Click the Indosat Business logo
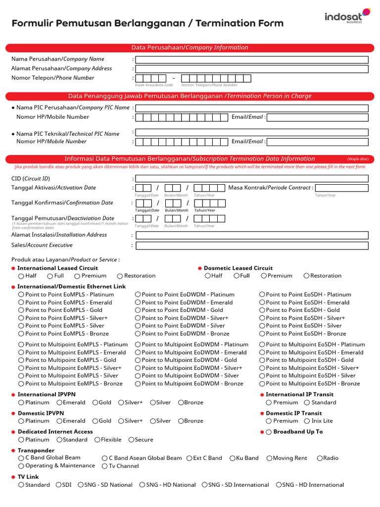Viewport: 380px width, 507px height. click(x=347, y=16)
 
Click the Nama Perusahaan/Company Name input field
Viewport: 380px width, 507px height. click(x=252, y=59)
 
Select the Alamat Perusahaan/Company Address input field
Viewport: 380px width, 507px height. click(x=252, y=69)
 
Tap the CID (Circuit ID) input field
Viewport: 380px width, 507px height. click(x=252, y=179)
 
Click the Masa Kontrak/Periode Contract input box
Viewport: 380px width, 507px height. click(x=341, y=188)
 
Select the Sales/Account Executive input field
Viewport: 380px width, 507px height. click(x=252, y=246)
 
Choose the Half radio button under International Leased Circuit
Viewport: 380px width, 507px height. click(x=21, y=276)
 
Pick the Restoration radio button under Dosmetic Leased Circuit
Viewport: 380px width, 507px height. click(x=307, y=276)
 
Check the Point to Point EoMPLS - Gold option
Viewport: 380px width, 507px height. click(x=21, y=310)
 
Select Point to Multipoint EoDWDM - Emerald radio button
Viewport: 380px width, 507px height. click(x=138, y=353)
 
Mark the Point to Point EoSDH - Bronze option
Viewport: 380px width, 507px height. click(x=262, y=334)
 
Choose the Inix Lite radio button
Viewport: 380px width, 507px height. click(x=307, y=421)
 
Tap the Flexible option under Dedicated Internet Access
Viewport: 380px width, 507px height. click(x=97, y=440)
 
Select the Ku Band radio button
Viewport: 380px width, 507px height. click(x=233, y=458)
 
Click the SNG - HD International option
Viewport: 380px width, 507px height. click(x=279, y=485)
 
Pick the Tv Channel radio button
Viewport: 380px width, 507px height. click(x=105, y=466)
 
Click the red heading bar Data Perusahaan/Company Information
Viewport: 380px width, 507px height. click(x=190, y=48)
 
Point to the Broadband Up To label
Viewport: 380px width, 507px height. click(x=298, y=432)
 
